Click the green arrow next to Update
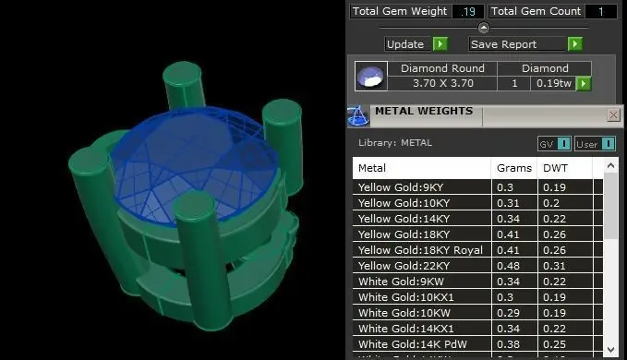coord(440,44)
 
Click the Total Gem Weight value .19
coord(467,11)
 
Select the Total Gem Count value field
coord(600,11)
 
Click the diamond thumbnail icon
coord(371,76)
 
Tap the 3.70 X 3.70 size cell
coord(442,83)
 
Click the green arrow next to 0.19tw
coord(584,83)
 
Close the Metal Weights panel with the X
coord(613,115)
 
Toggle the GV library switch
coord(554,144)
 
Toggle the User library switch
coord(595,144)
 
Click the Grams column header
coord(514,168)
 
